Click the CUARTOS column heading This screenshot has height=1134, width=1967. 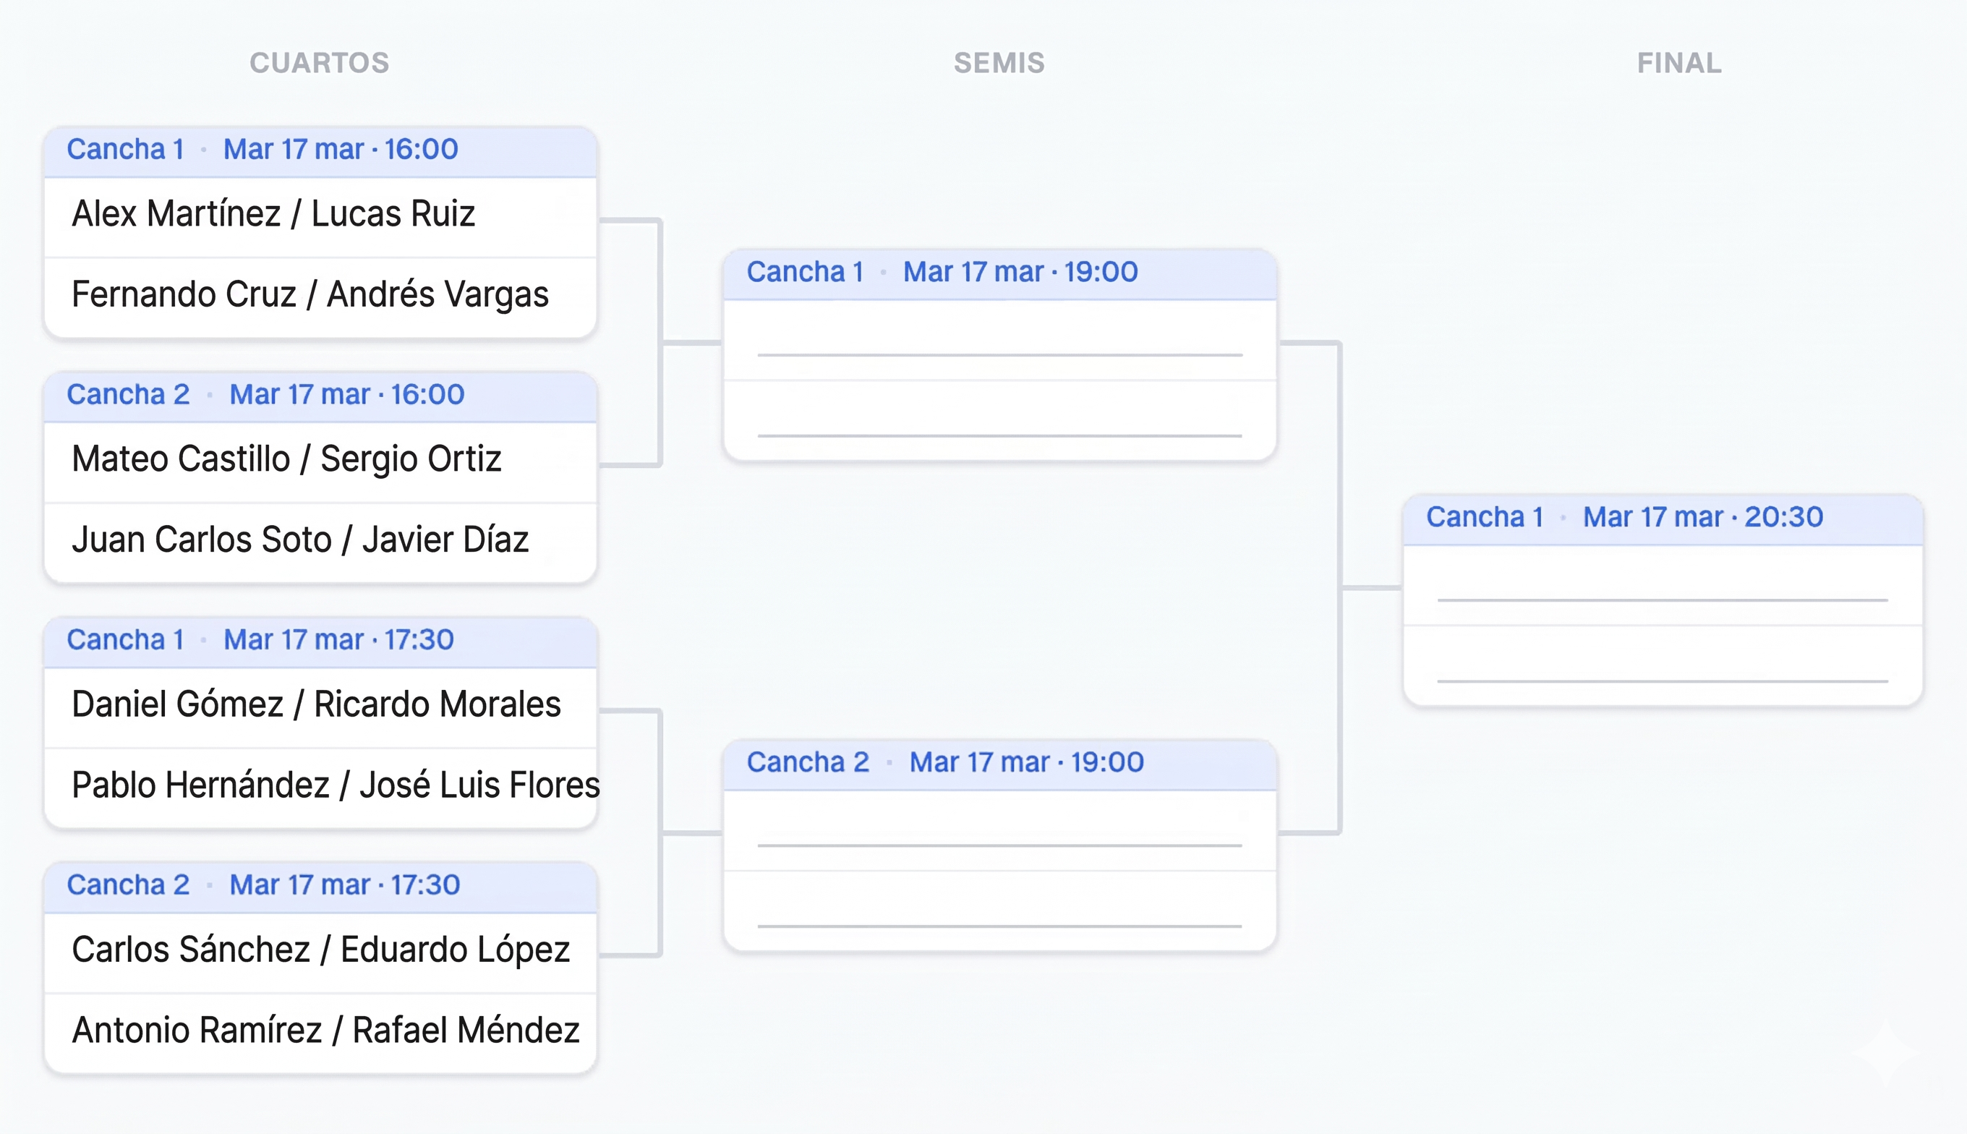point(319,63)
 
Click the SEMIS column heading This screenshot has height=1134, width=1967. point(999,63)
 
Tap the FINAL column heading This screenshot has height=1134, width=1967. point(1679,63)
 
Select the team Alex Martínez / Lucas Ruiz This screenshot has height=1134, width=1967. point(273,214)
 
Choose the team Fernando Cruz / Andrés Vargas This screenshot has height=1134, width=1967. point(310,294)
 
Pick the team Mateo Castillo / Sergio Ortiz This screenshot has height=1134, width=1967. point(286,459)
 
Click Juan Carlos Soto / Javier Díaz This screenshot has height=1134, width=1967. point(301,540)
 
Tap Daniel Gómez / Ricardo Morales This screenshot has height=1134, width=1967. point(316,704)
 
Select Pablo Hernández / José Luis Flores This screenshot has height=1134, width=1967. point(335,785)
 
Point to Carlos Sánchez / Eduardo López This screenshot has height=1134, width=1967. point(321,950)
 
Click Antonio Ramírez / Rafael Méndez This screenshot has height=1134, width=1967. point(325,1031)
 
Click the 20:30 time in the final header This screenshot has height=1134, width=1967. point(1783,517)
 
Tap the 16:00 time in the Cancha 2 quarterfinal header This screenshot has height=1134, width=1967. point(427,395)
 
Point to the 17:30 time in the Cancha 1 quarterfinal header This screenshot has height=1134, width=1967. point(419,640)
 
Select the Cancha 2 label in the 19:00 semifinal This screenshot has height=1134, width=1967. point(808,762)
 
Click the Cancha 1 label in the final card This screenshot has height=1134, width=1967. point(1484,517)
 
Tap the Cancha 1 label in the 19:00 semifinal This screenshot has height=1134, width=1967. point(804,273)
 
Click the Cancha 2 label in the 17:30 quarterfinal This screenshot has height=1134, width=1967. point(128,885)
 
